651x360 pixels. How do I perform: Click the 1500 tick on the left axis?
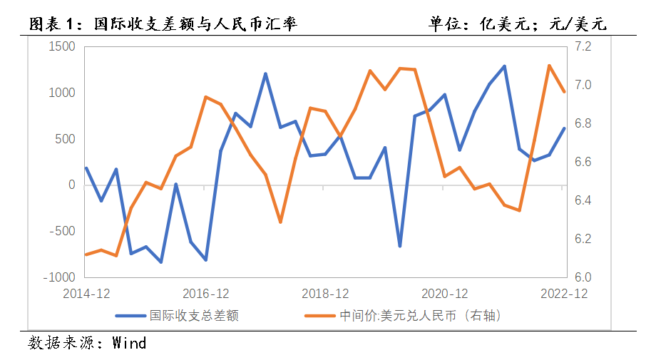pos(62,47)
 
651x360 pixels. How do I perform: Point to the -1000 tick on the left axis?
pos(59,277)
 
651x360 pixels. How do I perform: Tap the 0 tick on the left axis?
pos(71,185)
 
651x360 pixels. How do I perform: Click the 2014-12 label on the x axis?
pos(86,294)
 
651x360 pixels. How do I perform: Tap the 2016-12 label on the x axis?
pos(205,294)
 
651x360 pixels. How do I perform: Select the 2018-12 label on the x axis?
pos(325,294)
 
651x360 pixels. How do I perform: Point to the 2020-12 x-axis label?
pos(445,294)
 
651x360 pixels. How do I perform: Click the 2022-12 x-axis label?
pos(564,294)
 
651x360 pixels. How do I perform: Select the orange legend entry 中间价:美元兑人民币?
pos(421,315)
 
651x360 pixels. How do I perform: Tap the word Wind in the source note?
pos(130,343)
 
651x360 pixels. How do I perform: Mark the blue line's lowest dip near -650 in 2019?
pos(400,246)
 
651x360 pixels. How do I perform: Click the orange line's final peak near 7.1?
pos(549,66)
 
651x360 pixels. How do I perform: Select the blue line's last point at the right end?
pos(564,128)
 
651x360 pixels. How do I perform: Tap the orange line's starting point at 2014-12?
pos(86,254)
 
